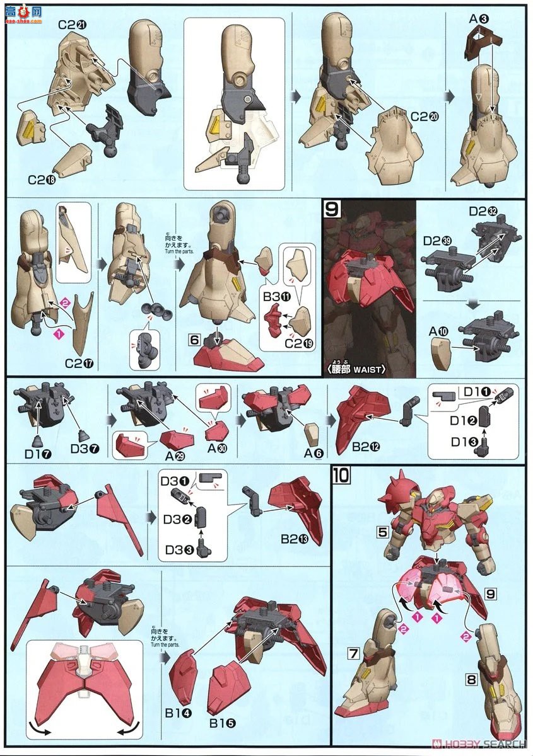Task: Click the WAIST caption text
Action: point(368,369)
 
